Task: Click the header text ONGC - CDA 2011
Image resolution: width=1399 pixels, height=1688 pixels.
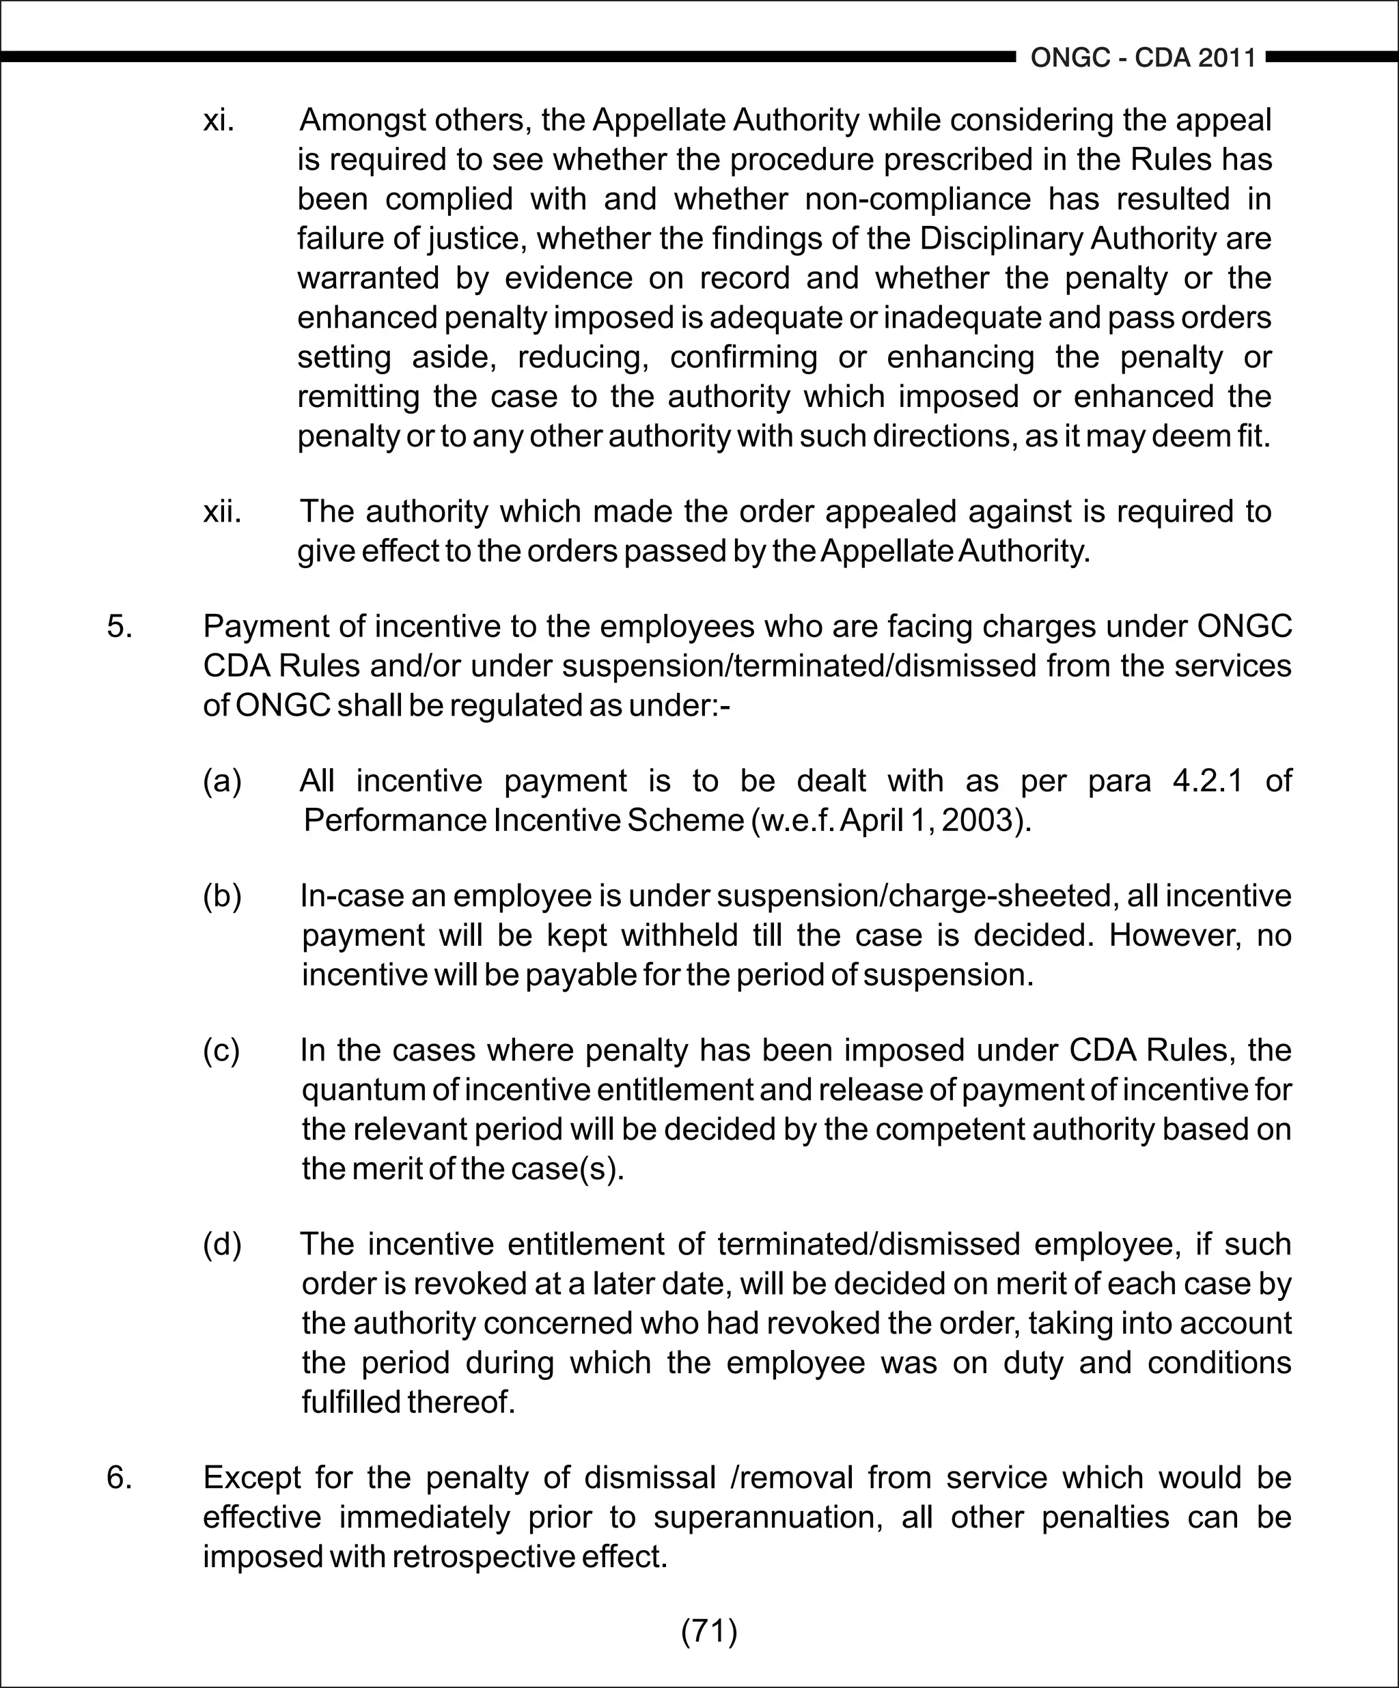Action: click(1143, 58)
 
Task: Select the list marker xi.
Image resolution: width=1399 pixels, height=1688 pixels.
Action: click(219, 121)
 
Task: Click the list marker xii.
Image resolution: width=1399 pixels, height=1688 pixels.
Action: click(222, 511)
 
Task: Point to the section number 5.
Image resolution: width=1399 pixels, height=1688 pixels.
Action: click(119, 626)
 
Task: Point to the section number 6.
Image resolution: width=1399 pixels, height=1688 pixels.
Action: click(119, 1478)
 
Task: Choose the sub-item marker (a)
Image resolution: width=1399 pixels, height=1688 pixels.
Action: click(222, 780)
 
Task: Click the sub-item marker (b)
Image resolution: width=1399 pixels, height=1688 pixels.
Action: click(222, 897)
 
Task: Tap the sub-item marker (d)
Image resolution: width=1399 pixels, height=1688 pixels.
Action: click(222, 1244)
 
